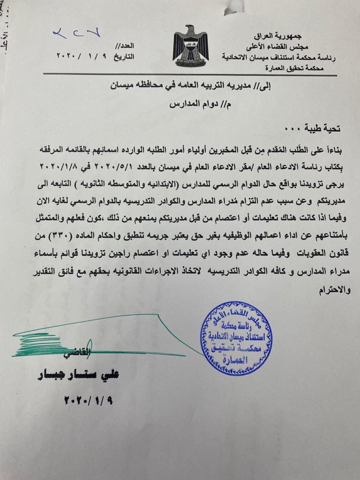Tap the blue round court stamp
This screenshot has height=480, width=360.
pos(236,338)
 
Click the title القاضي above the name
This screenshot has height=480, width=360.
pos(77,352)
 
